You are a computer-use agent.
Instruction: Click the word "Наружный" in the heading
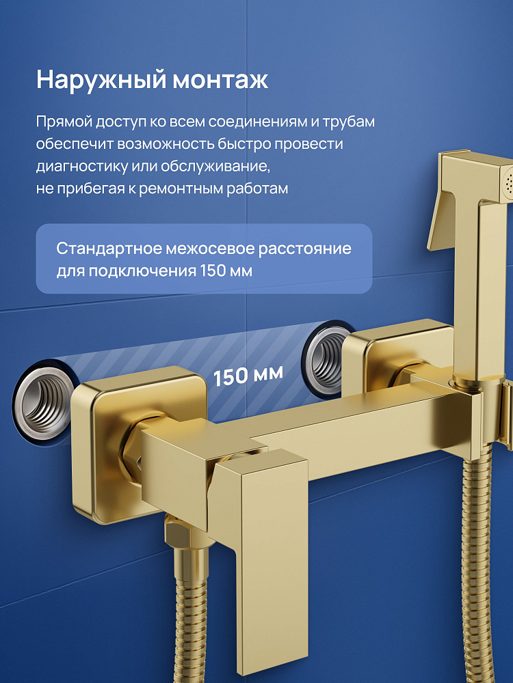coord(101,80)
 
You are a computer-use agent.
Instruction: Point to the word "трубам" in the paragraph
coord(349,122)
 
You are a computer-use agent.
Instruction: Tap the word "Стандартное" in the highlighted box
coord(109,249)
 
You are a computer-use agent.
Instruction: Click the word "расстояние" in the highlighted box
coord(304,249)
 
